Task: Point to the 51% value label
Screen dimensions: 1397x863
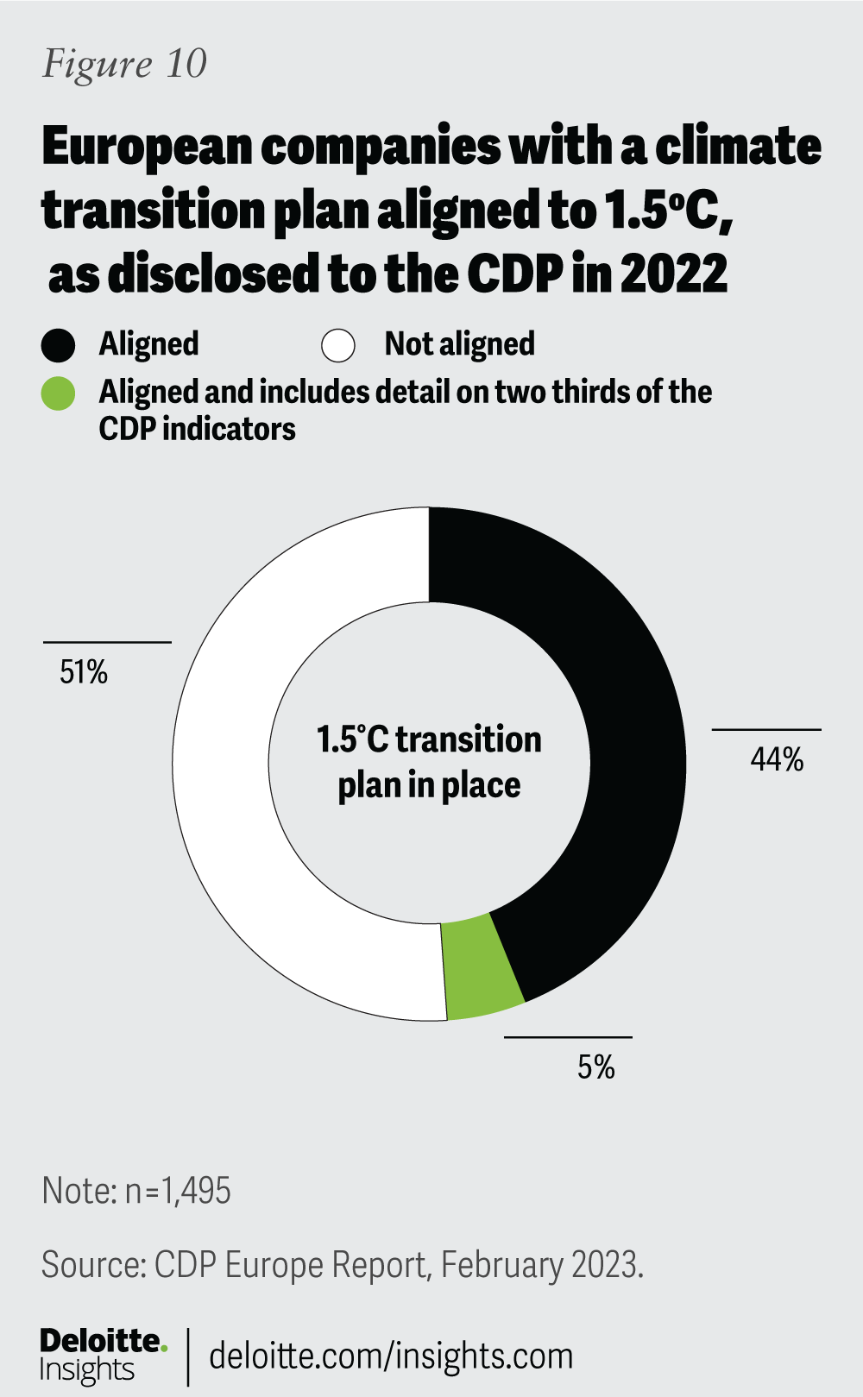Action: (84, 672)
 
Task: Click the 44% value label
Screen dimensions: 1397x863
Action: (777, 759)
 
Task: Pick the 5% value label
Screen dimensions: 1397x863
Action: (596, 1068)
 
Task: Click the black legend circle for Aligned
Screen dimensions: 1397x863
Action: (59, 345)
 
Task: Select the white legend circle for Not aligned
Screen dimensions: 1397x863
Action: (338, 345)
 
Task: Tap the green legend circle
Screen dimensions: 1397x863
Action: (59, 393)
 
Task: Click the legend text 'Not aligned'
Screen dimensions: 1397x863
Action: (459, 344)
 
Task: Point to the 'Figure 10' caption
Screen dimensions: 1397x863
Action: (125, 64)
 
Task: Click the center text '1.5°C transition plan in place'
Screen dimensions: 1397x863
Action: (429, 762)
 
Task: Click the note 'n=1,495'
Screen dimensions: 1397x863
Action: (178, 1192)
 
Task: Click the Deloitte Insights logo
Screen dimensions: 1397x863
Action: (102, 1356)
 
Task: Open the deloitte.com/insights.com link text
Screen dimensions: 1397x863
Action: (391, 1356)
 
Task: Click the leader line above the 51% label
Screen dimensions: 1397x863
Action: (107, 642)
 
